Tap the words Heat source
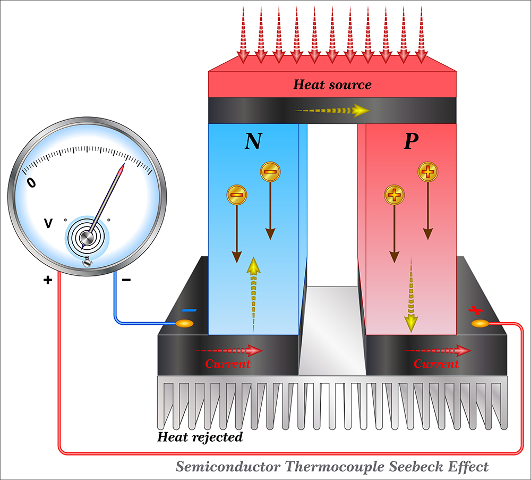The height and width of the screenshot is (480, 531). pyautogui.click(x=332, y=85)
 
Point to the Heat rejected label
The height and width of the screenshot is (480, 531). pyautogui.click(x=200, y=437)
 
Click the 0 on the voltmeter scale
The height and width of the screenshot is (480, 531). pyautogui.click(x=32, y=183)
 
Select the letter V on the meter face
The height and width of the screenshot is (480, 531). pyautogui.click(x=48, y=224)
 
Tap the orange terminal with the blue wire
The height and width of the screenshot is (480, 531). pyautogui.click(x=185, y=323)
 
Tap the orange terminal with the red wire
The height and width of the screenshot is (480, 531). pyautogui.click(x=479, y=323)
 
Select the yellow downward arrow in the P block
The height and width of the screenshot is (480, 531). pyautogui.click(x=410, y=292)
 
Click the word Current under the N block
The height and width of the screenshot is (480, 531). pyautogui.click(x=228, y=364)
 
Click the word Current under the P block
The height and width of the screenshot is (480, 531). pyautogui.click(x=436, y=364)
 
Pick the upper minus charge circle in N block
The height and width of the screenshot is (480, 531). pyautogui.click(x=270, y=172)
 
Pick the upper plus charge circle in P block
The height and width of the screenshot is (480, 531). pyautogui.click(x=428, y=171)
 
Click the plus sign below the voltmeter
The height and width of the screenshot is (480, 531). pyautogui.click(x=48, y=280)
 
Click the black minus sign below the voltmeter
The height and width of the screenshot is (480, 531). pyautogui.click(x=126, y=280)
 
